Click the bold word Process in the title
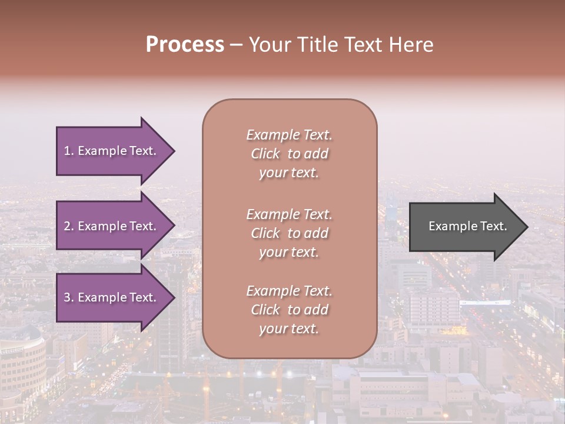click(185, 45)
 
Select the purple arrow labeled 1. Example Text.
click(112, 151)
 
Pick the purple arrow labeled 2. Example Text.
click(112, 226)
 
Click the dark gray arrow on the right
click(465, 227)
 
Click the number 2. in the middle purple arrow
click(69, 226)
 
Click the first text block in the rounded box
click(289, 154)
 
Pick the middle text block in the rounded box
click(289, 233)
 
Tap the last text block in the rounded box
click(289, 310)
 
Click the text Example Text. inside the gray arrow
click(467, 226)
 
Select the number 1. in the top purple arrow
click(69, 151)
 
